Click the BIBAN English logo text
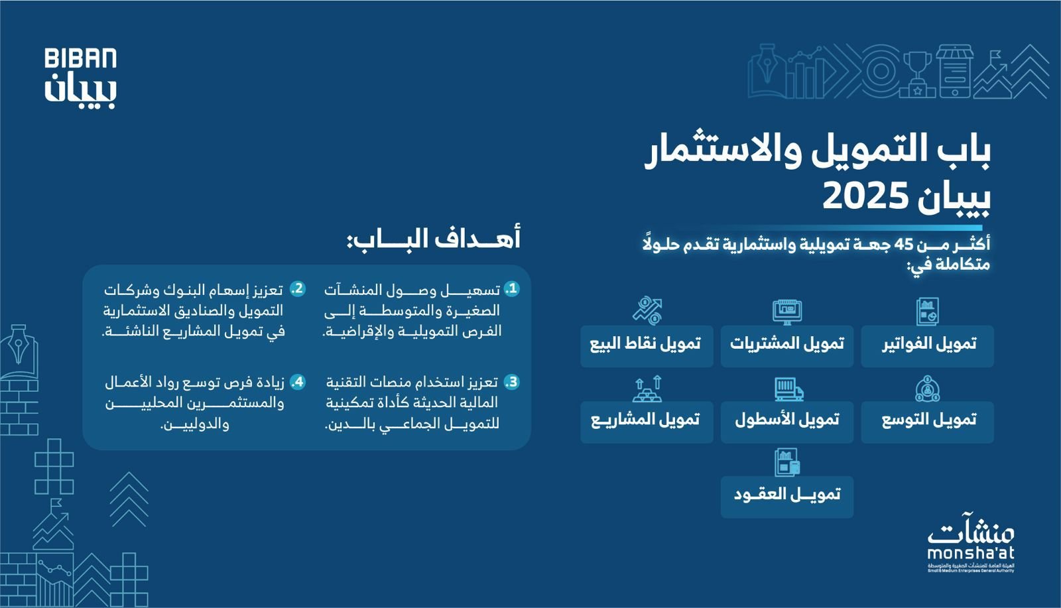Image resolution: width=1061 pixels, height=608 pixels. (80, 59)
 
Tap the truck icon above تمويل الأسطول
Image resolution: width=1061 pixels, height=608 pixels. (788, 389)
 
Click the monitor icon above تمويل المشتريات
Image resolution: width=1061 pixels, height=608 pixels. (787, 312)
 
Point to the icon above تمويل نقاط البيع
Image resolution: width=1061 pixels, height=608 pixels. (647, 310)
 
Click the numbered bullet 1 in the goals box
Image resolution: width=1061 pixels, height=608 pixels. (511, 289)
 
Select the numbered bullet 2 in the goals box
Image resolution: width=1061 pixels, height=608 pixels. (298, 289)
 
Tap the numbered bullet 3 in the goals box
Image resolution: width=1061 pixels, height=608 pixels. (511, 383)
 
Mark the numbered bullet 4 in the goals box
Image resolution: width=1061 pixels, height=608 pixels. (298, 383)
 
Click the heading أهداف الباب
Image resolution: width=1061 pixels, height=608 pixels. (434, 239)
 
